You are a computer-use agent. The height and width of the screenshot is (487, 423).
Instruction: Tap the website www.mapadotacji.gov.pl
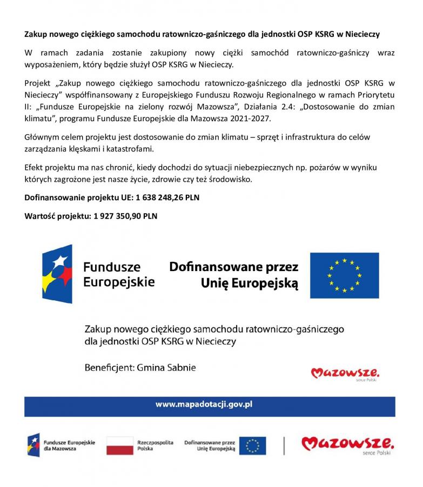[204, 404]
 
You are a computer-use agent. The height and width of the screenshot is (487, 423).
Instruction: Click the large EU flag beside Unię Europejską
[344, 275]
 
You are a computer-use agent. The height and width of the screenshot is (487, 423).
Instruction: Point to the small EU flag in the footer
[252, 445]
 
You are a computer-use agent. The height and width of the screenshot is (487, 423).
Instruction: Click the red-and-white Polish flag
[120, 445]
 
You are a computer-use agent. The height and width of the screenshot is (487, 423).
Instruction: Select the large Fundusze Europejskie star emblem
[57, 274]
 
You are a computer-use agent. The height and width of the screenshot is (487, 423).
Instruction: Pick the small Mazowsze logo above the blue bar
[345, 373]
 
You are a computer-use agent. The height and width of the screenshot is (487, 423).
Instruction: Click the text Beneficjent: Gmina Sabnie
[140, 367]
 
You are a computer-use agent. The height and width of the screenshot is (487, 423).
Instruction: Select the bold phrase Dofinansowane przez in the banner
[233, 267]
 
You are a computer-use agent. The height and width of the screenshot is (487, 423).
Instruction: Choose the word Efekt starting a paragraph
[35, 167]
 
